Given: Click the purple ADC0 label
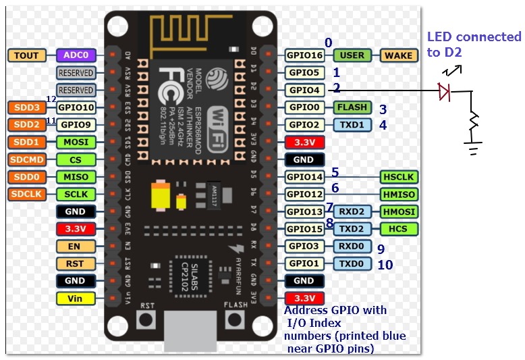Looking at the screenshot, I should (x=76, y=55).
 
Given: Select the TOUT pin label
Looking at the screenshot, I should (x=26, y=55).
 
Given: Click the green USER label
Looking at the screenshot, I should (x=352, y=55).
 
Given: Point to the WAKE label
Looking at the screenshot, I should (x=398, y=55).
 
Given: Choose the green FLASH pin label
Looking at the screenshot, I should (x=352, y=107).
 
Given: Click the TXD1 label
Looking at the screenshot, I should (x=352, y=125).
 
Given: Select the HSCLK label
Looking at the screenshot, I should (x=398, y=177).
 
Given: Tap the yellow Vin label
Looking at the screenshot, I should (x=75, y=298).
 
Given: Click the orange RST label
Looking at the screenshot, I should (x=75, y=263).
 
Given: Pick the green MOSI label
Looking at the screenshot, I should (x=76, y=142).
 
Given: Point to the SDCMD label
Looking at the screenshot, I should (x=26, y=159).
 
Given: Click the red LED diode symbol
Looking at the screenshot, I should (x=444, y=91).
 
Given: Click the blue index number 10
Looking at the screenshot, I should (x=385, y=265).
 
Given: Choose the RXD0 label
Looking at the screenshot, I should (x=352, y=246).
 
